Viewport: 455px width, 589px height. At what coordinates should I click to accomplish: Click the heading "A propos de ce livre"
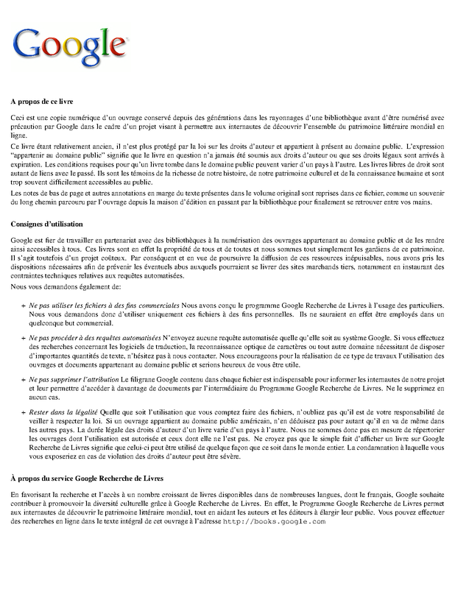tap(52, 100)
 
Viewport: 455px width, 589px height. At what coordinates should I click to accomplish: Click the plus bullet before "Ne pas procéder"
tap(24, 336)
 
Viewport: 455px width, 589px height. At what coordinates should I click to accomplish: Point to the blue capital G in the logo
tap(27, 48)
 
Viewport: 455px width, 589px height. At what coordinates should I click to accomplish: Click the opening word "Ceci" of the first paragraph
tap(18, 118)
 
